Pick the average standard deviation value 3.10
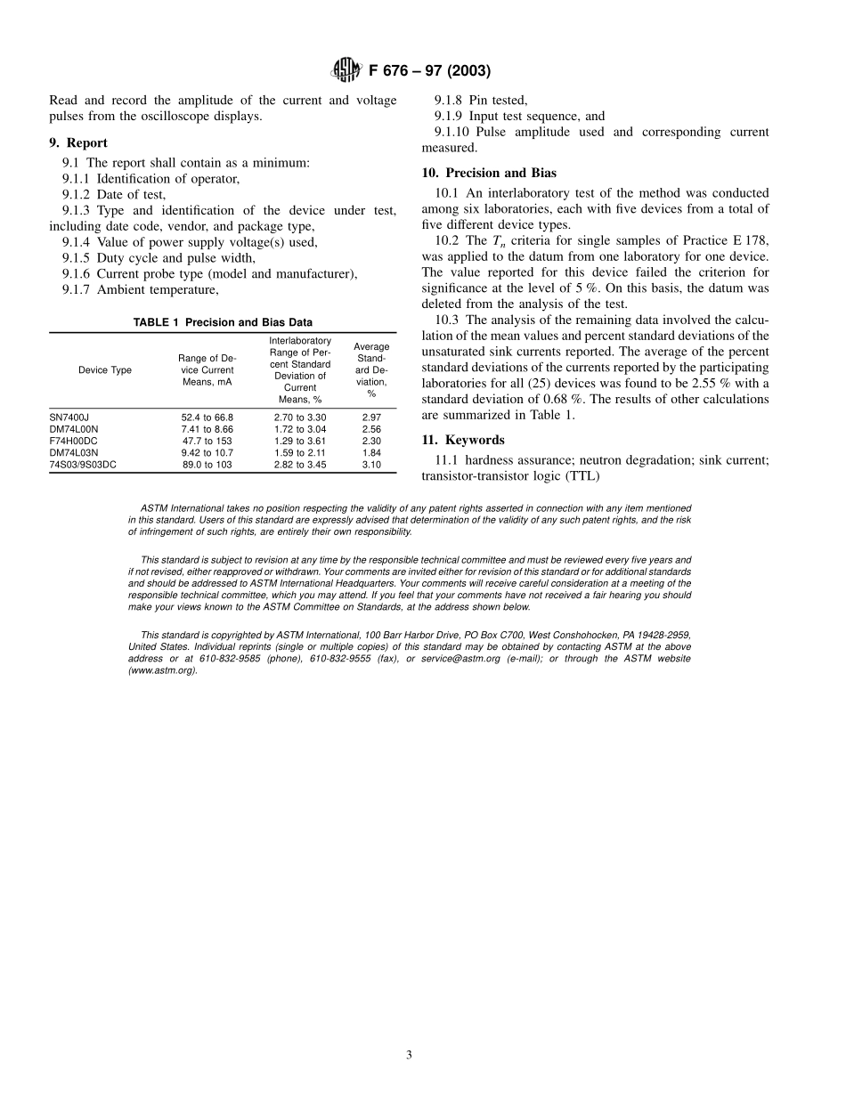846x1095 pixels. [371, 465]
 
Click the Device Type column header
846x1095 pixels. [104, 370]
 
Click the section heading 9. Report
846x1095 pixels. [78, 142]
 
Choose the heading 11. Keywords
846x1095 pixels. [462, 440]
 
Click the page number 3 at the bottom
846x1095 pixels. [409, 1055]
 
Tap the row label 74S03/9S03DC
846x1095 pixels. [83, 465]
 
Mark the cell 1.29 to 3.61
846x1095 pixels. [300, 441]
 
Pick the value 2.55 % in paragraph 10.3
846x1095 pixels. [712, 384]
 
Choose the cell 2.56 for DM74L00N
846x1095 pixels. [371, 428]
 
